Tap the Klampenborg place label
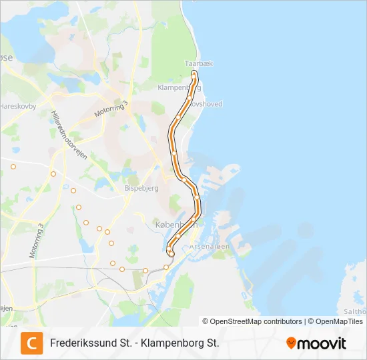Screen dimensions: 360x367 [x=175, y=87]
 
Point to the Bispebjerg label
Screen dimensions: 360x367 [x=141, y=188]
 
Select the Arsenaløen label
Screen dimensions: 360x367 [x=210, y=246]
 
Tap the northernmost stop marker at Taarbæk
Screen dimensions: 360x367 [x=194, y=73]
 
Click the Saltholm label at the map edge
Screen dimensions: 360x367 [x=356, y=311]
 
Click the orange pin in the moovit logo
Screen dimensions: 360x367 [x=291, y=343]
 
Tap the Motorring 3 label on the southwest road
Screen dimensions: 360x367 [x=37, y=241]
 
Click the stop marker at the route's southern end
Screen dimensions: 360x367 [x=171, y=253]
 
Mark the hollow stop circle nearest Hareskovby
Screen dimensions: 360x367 [x=13, y=166]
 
